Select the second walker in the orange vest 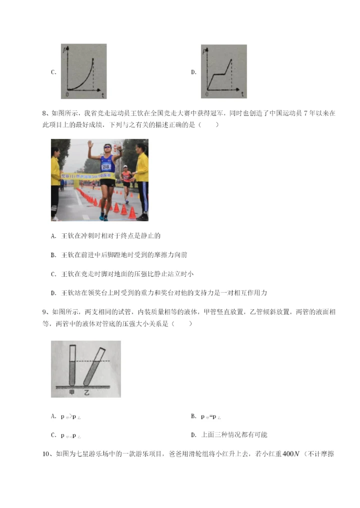pyautogui.click(x=126, y=177)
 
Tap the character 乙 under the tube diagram pyautogui.click(x=86, y=393)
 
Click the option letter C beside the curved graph pyautogui.click(x=53, y=72)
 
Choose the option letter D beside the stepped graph pyautogui.click(x=193, y=72)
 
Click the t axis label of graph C pyautogui.click(x=102, y=94)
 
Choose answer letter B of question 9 pyautogui.click(x=193, y=416)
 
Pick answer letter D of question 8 pyautogui.click(x=53, y=293)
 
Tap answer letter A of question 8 pyautogui.click(x=53, y=236)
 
